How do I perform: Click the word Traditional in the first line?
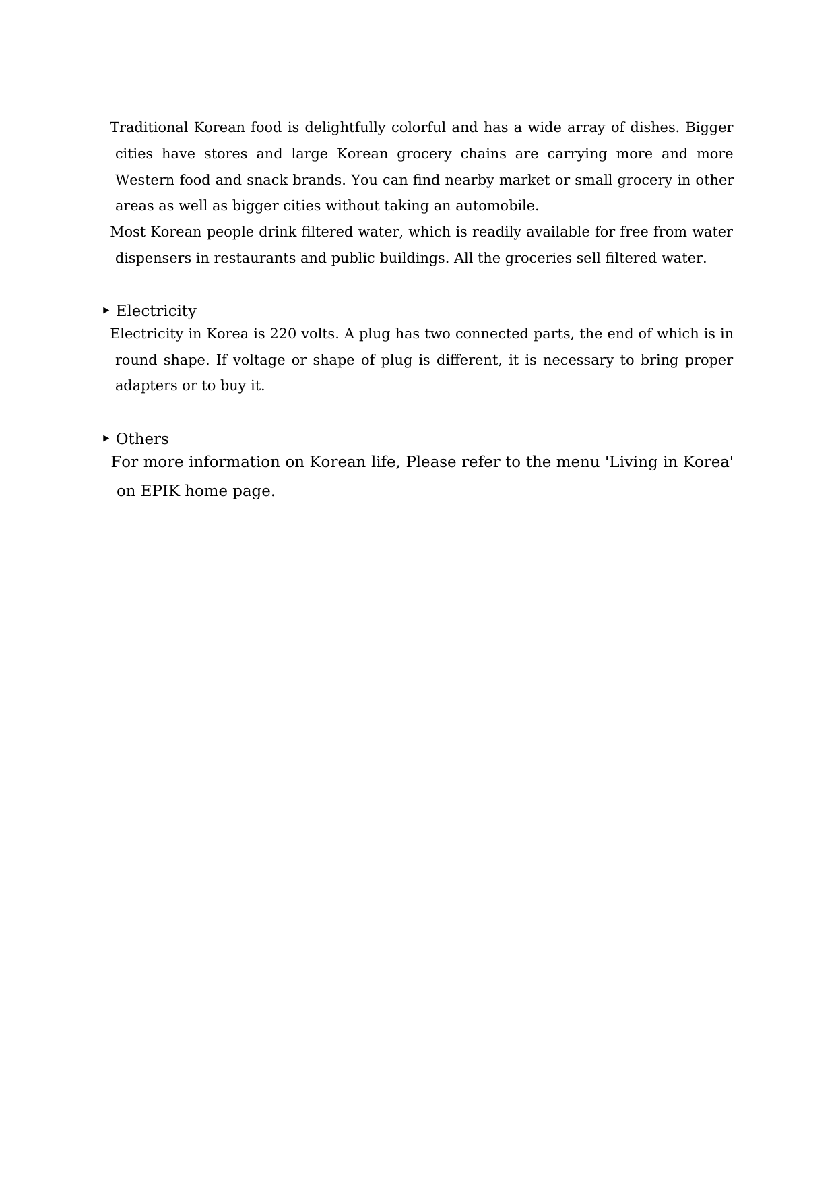click(x=149, y=127)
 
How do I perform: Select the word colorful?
click(x=418, y=127)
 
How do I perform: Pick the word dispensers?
click(x=153, y=258)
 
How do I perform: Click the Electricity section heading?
click(x=156, y=311)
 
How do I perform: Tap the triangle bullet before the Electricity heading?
click(x=106, y=311)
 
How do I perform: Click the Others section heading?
click(x=142, y=439)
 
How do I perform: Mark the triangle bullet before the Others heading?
click(x=106, y=439)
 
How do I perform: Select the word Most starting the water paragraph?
click(x=127, y=232)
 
